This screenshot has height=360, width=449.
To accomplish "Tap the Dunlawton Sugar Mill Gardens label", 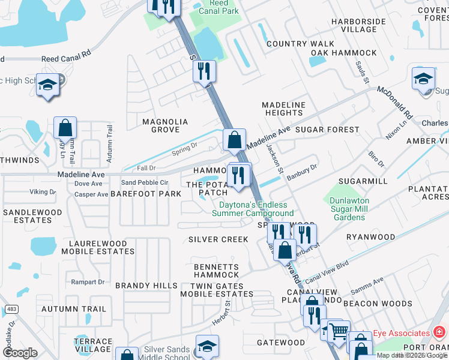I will (x=349, y=209).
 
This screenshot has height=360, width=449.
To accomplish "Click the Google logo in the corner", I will (x=20, y=353).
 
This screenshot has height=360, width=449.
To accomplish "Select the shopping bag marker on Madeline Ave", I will (x=235, y=139).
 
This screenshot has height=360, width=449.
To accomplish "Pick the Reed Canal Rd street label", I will (x=66, y=59).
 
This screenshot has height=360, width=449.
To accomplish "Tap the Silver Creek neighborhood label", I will (x=218, y=239).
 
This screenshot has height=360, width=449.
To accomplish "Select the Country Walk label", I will (x=300, y=44).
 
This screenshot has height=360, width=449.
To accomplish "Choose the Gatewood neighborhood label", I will (x=281, y=343).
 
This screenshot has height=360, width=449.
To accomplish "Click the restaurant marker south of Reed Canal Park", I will (x=204, y=71).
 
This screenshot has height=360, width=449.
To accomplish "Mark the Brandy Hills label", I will (x=142, y=286).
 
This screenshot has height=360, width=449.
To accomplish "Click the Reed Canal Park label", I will (x=220, y=7).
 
